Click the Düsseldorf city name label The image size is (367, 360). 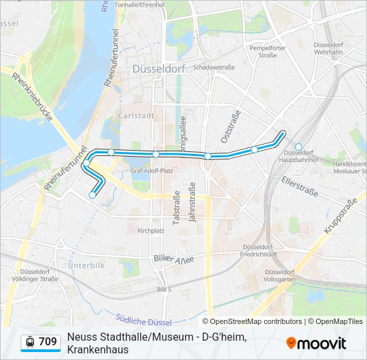pyautogui.click(x=159, y=69)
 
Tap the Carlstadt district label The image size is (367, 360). pyautogui.click(x=135, y=115)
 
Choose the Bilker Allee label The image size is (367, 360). pyautogui.click(x=173, y=259)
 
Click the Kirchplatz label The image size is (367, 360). pyautogui.click(x=151, y=231)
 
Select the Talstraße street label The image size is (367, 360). pyautogui.click(x=177, y=207)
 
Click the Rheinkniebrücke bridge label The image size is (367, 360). pyautogui.click(x=31, y=96)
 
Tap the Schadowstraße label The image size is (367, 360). pyautogui.click(x=214, y=67)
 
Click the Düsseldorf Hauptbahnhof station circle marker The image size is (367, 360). pyautogui.click(x=298, y=147)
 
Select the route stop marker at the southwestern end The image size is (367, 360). pyautogui.click(x=92, y=195)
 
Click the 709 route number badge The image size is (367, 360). pyautogui.click(x=47, y=342)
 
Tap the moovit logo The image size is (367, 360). pyautogui.click(x=316, y=343)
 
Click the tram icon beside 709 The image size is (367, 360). pyautogui.click(x=29, y=342)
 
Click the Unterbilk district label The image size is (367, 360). pyautogui.click(x=86, y=265)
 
